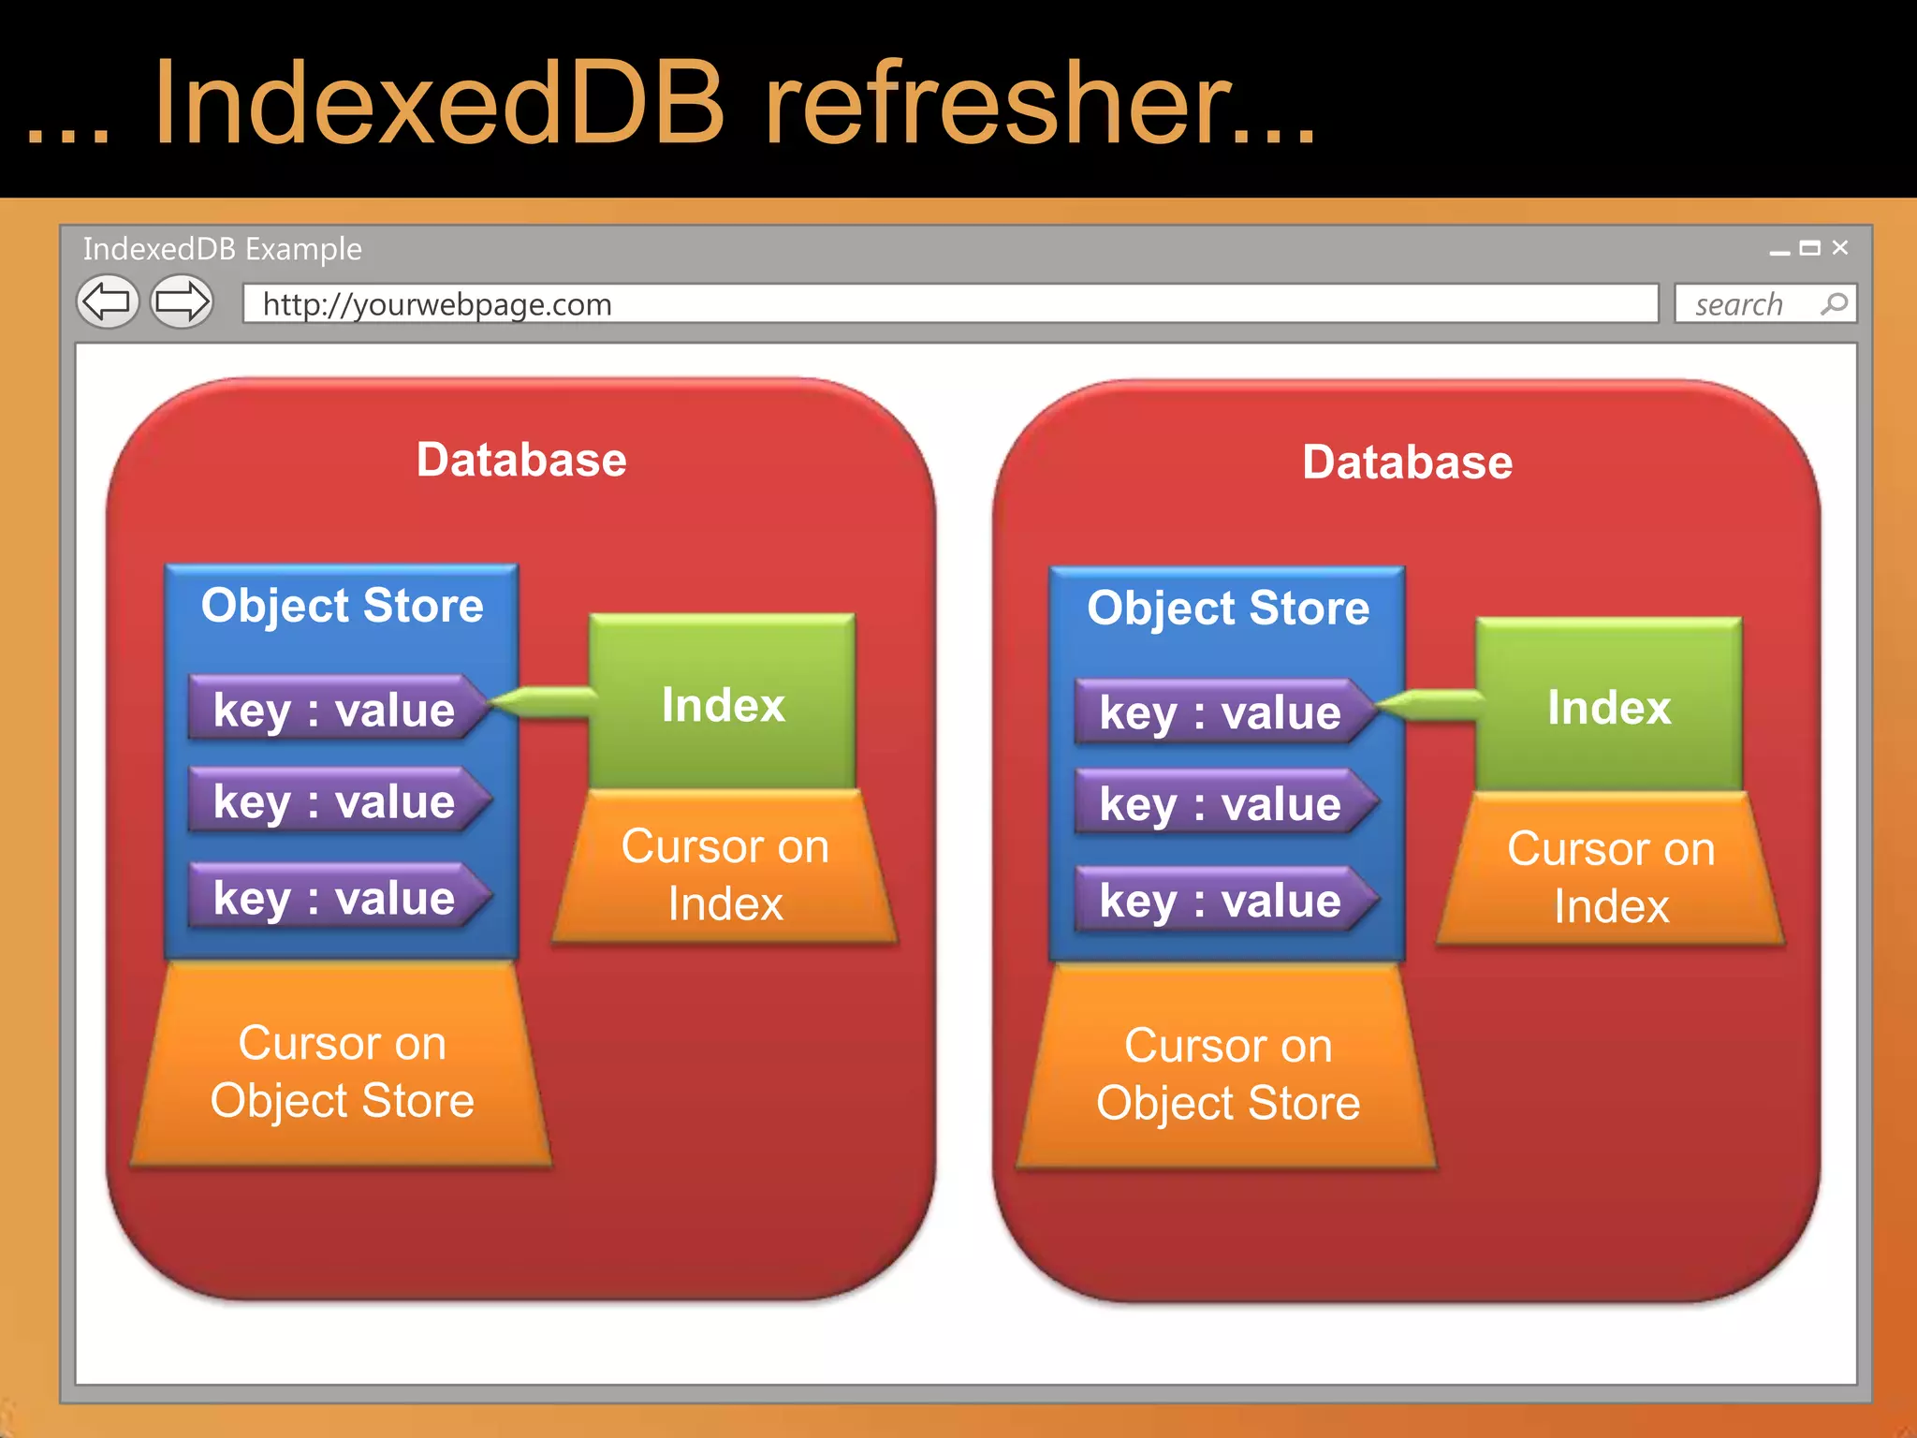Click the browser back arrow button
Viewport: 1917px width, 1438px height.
coord(107,302)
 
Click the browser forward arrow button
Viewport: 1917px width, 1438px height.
coord(183,302)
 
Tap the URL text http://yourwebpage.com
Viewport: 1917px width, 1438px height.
coord(437,304)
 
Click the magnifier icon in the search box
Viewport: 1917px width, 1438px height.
coord(1834,304)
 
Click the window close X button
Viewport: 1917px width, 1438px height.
coord(1840,247)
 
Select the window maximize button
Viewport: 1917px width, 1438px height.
coord(1810,248)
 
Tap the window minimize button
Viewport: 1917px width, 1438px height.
coord(1779,252)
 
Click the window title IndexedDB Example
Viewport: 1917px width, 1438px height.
coord(222,249)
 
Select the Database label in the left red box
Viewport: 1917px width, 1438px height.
coord(521,460)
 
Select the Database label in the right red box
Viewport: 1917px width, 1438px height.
coord(1407,462)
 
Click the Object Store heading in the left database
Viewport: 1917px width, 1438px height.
coord(342,605)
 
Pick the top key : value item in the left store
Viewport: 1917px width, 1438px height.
coord(334,709)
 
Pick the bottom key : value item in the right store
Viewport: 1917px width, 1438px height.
coord(1220,900)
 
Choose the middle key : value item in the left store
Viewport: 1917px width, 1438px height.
coord(334,801)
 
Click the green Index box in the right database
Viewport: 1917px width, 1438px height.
coord(1608,706)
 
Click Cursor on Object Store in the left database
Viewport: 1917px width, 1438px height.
coord(342,1071)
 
